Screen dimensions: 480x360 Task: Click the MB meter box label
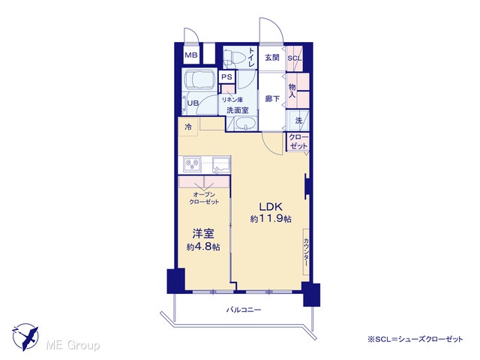pos(191,55)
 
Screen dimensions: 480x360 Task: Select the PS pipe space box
pos(226,76)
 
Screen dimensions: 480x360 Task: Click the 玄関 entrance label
pos(271,57)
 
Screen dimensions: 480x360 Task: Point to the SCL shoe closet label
pos(295,58)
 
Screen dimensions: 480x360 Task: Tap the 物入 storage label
pos(292,91)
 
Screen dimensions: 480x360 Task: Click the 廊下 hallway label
pos(272,99)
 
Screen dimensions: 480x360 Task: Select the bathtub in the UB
pos(199,79)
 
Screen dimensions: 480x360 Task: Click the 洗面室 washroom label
pos(237,110)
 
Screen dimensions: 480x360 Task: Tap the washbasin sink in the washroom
pos(246,124)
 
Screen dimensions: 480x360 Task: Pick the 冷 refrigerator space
pos(188,127)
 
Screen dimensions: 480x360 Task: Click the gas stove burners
pos(192,164)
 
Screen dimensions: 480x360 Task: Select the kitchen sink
pos(221,164)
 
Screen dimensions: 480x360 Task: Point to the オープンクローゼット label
pos(204,198)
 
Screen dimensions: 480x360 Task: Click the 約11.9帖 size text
pos(271,219)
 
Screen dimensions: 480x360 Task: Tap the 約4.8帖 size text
pos(203,247)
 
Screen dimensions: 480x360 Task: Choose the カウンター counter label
pos(306,252)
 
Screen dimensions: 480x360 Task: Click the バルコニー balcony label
pos(244,310)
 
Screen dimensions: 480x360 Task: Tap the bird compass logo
pos(25,337)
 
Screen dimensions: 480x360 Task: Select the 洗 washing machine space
pos(298,121)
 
